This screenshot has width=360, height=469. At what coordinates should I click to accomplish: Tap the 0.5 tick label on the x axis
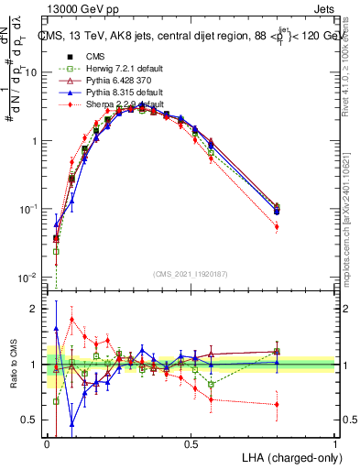191,443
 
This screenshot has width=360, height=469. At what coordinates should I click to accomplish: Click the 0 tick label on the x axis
47,443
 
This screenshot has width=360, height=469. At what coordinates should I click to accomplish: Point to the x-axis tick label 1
335,443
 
